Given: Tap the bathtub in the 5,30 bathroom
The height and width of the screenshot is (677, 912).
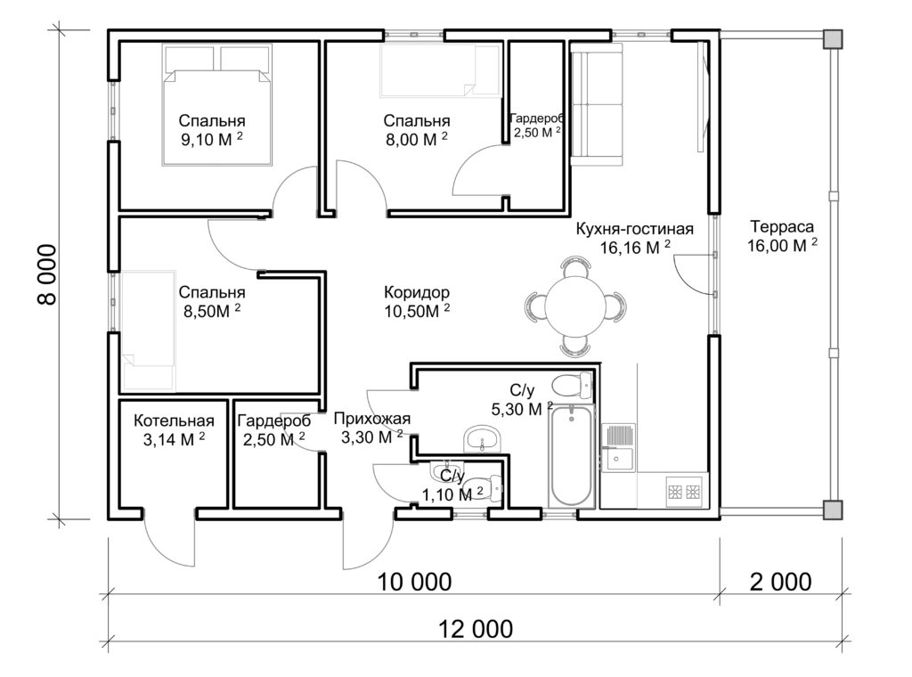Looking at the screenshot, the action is pyautogui.click(x=573, y=457).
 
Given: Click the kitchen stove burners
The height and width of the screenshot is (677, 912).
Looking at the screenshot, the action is pyautogui.click(x=684, y=492).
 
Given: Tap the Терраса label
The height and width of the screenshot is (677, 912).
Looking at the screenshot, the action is pyautogui.click(x=782, y=226).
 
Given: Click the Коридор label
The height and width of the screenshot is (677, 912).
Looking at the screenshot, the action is pyautogui.click(x=417, y=292).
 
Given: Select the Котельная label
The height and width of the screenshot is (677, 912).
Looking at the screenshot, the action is pyautogui.click(x=174, y=420).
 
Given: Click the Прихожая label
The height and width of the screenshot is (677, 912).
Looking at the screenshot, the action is pyautogui.click(x=372, y=418).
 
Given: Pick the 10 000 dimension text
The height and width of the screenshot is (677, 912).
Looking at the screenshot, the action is pyautogui.click(x=415, y=582).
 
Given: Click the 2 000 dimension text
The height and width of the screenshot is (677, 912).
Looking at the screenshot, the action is pyautogui.click(x=780, y=582).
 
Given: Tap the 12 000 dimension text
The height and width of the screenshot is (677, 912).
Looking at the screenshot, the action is pyautogui.click(x=476, y=629).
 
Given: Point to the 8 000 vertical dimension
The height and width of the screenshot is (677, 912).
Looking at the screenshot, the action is pyautogui.click(x=47, y=274).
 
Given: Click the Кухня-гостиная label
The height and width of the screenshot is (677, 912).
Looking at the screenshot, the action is pyautogui.click(x=634, y=229).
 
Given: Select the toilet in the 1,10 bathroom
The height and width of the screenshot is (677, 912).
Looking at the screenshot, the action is pyautogui.click(x=484, y=488).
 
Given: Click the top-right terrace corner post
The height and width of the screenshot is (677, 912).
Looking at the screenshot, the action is pyautogui.click(x=833, y=38).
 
